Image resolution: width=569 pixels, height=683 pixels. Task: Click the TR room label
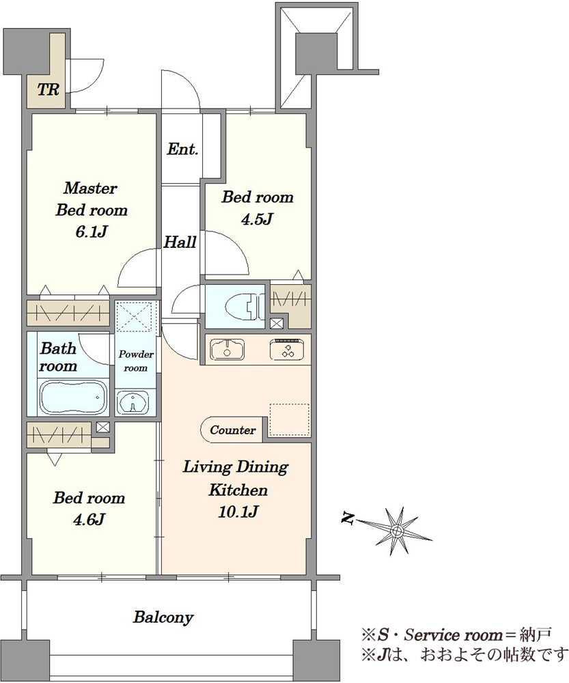coord(48,90)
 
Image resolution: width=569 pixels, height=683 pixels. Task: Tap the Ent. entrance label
coord(182,149)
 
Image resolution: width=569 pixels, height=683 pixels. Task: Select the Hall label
coord(180,242)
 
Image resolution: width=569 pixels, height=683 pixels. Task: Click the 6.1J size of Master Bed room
coord(92,232)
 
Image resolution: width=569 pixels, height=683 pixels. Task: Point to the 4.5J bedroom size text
coord(257,219)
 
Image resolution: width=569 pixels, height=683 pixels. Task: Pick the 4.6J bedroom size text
coord(88,519)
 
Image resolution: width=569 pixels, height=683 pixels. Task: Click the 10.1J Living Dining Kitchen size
coord(238,512)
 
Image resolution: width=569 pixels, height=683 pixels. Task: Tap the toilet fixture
coord(245,306)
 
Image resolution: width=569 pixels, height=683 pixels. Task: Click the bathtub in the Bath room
coord(73,396)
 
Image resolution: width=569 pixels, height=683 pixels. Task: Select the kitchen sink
coord(227,349)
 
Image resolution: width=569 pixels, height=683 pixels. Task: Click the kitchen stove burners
coord(287,350)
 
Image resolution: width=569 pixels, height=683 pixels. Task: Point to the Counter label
coord(233,430)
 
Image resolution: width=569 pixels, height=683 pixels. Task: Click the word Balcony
coord(163,617)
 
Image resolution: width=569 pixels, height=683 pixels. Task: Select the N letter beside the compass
coord(348,518)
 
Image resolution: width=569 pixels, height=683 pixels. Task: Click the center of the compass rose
coord(397,531)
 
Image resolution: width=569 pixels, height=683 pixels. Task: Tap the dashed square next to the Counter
coord(290,419)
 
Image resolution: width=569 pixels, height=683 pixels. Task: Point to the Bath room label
coord(58,357)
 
